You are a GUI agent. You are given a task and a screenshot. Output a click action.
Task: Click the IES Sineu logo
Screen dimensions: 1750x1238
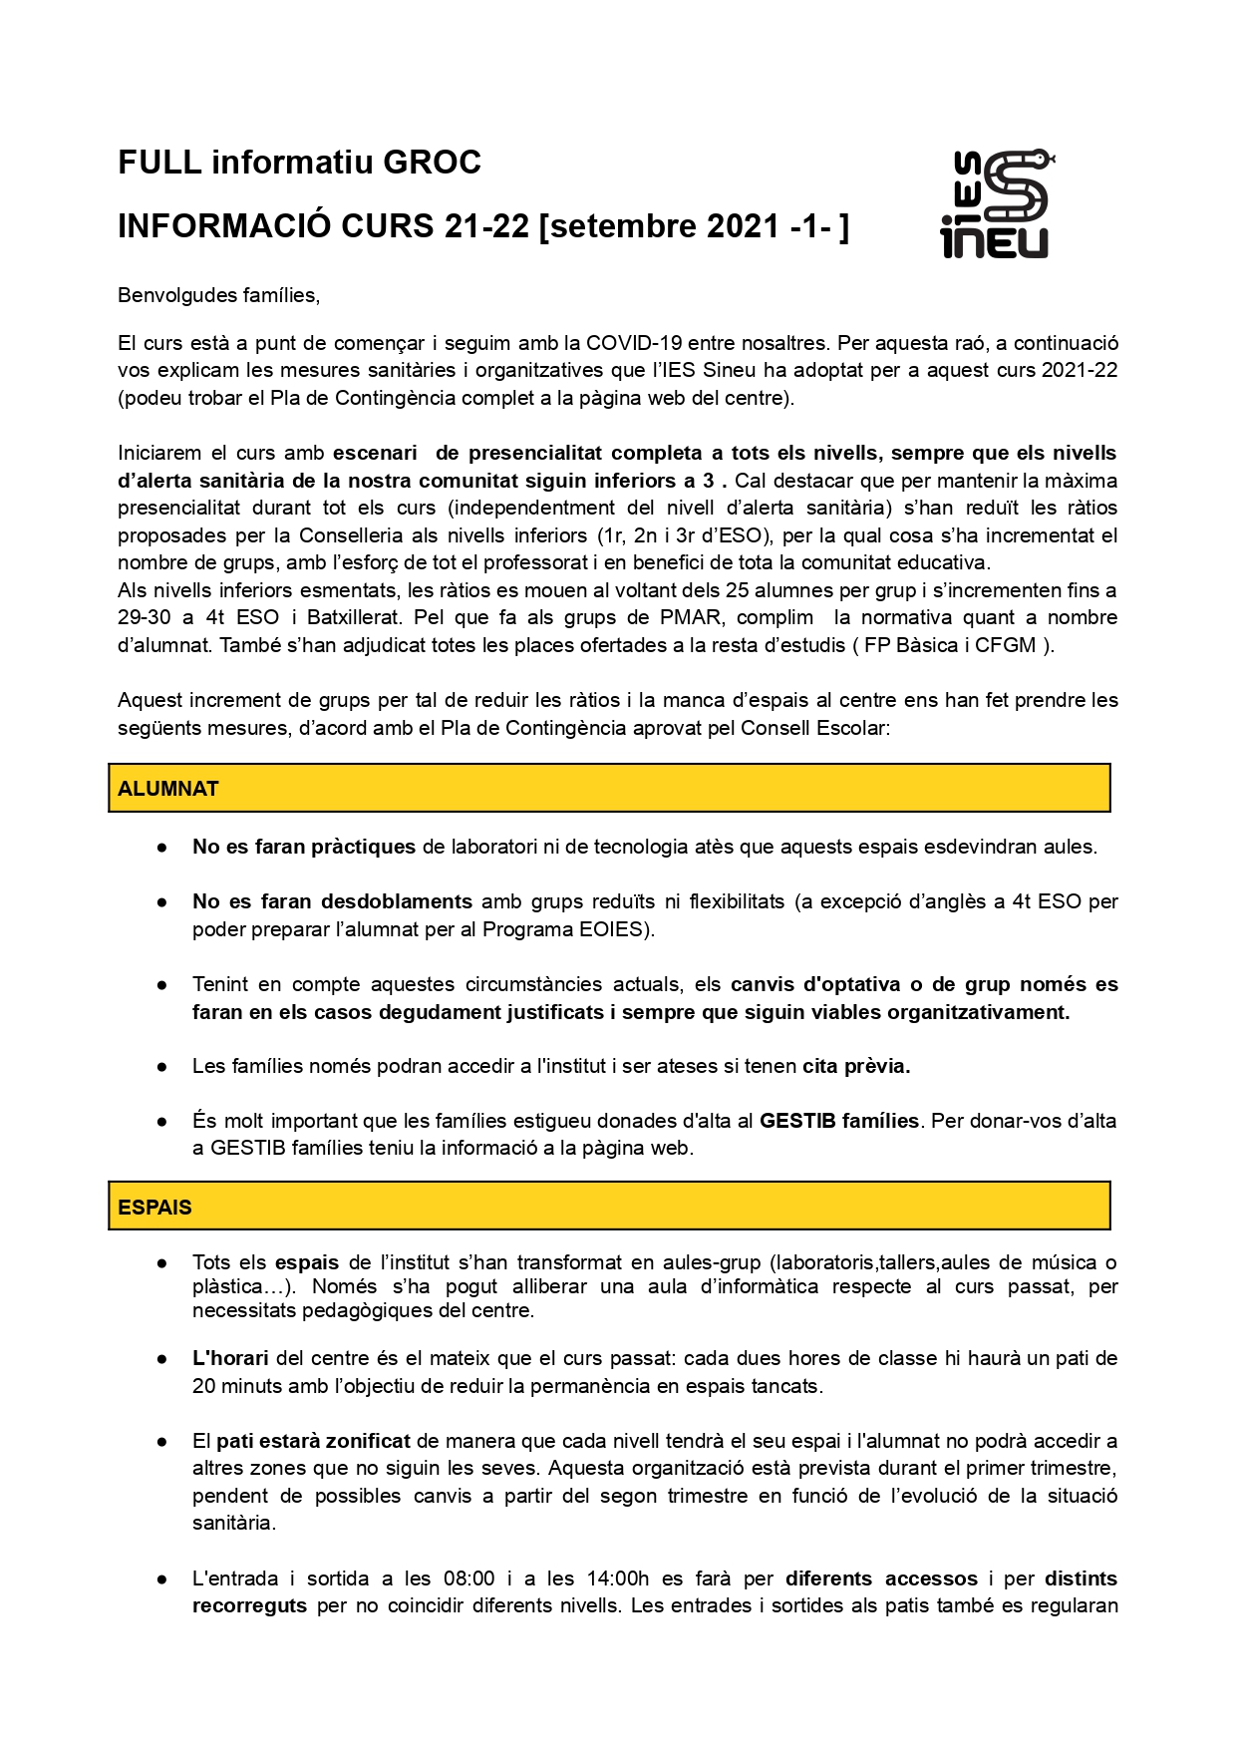(996, 204)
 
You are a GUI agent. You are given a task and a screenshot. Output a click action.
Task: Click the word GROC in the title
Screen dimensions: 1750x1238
(432, 163)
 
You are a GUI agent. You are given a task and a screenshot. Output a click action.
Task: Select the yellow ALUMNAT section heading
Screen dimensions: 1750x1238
(609, 788)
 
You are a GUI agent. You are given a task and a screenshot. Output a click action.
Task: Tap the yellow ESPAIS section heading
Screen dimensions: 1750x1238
(609, 1207)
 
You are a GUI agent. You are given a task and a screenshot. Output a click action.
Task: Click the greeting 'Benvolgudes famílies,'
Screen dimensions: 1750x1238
(218, 295)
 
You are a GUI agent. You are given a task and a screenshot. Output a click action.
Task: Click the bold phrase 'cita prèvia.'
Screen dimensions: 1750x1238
(856, 1066)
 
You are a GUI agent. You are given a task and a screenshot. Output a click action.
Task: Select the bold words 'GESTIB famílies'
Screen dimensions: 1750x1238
(838, 1121)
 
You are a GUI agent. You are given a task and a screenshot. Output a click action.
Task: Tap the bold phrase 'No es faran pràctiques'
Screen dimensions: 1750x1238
(304, 847)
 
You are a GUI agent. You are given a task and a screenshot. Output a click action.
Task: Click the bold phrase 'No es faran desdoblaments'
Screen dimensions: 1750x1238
(332, 901)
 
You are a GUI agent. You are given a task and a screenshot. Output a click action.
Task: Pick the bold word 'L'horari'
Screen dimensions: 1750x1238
(230, 1358)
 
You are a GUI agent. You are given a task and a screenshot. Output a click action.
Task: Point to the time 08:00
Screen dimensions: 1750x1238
(468, 1578)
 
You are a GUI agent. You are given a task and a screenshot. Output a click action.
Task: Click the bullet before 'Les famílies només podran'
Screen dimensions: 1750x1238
(161, 1067)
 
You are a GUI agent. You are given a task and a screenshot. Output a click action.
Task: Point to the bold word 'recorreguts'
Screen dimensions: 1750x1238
(249, 1605)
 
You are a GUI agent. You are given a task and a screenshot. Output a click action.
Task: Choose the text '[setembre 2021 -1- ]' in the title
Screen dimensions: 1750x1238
(694, 226)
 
